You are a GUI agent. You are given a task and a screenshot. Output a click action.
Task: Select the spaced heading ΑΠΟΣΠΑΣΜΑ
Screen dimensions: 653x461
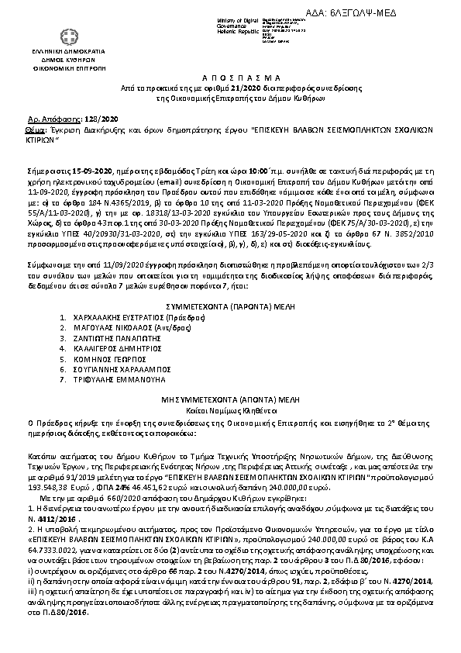[x=230, y=80]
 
